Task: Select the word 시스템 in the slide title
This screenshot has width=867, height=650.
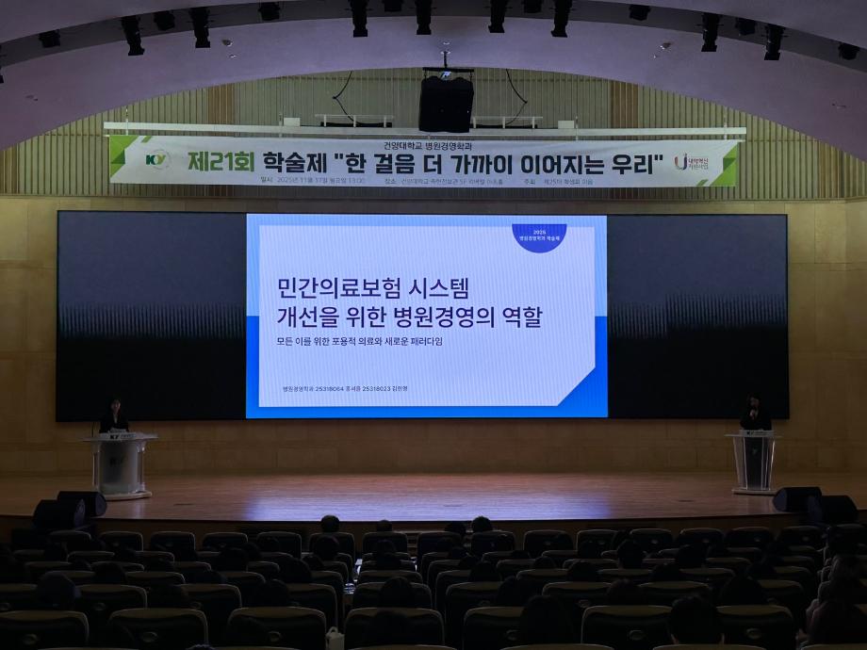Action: [437, 285]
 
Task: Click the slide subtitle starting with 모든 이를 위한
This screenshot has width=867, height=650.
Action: [359, 341]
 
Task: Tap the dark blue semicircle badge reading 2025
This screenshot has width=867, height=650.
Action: [539, 236]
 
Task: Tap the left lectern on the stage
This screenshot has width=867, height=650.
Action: [121, 463]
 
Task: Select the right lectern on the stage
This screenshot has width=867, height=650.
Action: [754, 462]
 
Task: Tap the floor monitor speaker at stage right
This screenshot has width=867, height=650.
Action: [797, 499]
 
